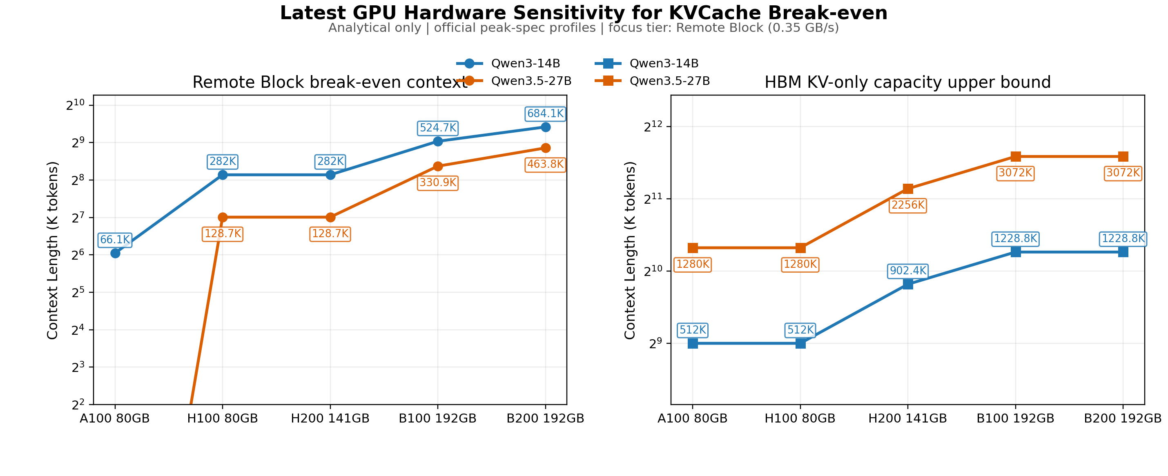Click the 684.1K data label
545,114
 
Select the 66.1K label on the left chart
115,240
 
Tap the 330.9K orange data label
437,183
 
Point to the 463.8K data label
545,165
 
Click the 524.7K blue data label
437,128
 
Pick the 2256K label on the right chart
908,205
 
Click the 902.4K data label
908,271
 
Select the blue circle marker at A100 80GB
115,253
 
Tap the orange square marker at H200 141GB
908,189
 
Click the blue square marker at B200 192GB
1123,252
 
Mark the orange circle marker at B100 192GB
437,167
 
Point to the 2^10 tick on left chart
75,106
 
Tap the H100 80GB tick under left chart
222,418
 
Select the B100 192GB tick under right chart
1015,418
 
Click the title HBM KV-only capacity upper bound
907,82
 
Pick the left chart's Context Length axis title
53,250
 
